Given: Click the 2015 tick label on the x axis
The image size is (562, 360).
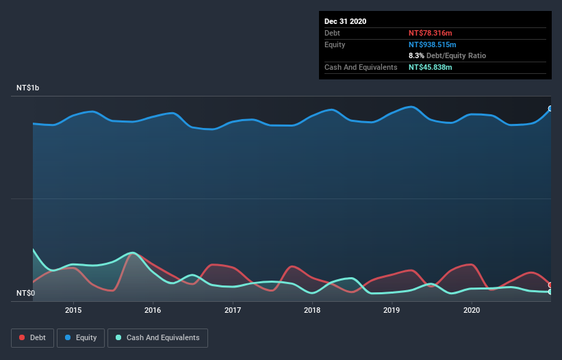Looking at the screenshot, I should (x=73, y=310).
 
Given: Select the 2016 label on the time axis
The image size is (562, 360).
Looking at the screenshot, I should (x=153, y=310).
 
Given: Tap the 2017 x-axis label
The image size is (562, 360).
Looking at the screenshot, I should (x=233, y=310).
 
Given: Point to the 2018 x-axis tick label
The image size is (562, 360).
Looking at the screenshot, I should (x=312, y=310).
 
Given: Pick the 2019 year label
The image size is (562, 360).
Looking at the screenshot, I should (x=392, y=310).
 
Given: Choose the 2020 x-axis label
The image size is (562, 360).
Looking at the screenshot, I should (x=472, y=310).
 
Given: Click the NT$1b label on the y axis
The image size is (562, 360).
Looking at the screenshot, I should (x=28, y=88).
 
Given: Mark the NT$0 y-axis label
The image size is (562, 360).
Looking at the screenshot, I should (x=25, y=294).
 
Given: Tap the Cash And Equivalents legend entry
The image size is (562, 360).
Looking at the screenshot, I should (x=157, y=337).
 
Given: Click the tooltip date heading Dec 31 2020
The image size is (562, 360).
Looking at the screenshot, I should (x=345, y=21).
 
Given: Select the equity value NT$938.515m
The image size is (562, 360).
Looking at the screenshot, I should (x=432, y=44).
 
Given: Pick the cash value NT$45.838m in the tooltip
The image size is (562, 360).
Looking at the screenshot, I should (x=430, y=67).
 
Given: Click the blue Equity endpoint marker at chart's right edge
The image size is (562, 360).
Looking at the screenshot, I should (x=550, y=108).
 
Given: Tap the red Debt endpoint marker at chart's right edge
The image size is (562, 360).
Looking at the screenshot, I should (x=550, y=285).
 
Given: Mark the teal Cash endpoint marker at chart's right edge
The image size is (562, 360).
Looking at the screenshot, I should (x=550, y=292).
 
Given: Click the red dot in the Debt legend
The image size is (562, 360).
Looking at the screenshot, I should (x=23, y=337).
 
